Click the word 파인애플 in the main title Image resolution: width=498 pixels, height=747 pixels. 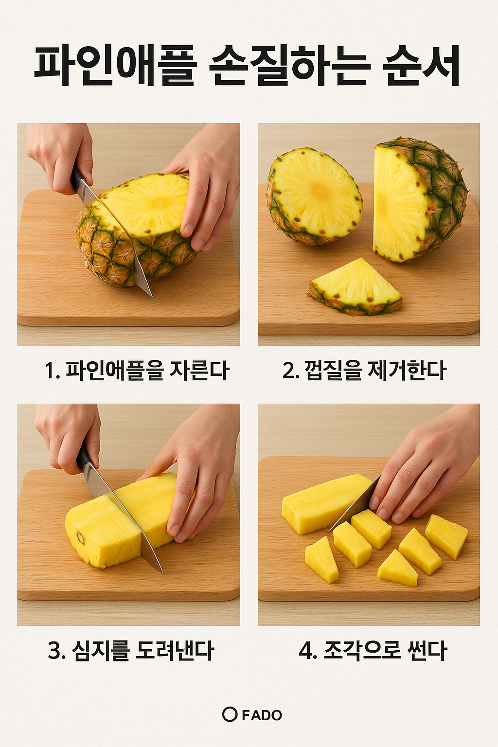point(115,66)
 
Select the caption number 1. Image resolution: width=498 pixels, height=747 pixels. point(51,371)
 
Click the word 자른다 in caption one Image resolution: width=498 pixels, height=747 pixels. point(199,371)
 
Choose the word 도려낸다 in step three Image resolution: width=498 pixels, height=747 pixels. point(175,651)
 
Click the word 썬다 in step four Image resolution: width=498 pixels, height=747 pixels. point(428,651)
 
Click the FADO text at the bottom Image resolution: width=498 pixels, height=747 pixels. point(262,715)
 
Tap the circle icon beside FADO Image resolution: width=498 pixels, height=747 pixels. point(230,714)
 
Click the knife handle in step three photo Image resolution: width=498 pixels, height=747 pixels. point(84,457)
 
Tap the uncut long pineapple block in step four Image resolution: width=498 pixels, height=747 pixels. point(323,503)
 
